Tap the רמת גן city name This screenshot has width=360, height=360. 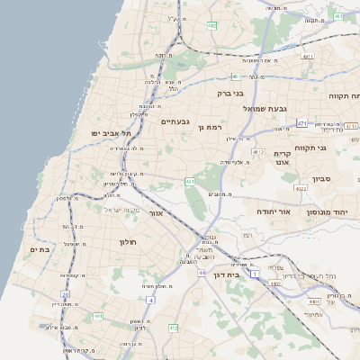point(208,127)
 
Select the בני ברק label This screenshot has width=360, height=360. point(230,93)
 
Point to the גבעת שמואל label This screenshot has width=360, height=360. point(265,108)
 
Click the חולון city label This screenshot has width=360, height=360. point(126,242)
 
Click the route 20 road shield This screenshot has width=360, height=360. point(65,294)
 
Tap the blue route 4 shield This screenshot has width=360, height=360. point(150,300)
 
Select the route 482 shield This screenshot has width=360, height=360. point(211,25)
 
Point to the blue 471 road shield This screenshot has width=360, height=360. point(301,123)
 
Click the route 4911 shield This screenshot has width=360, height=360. point(308,57)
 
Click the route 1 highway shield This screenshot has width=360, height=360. point(254,272)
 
